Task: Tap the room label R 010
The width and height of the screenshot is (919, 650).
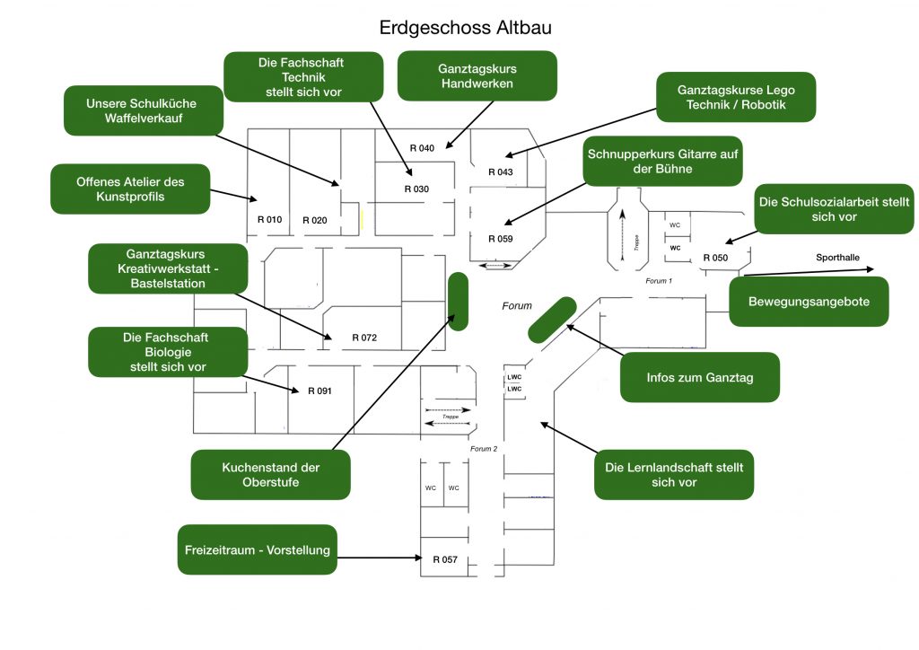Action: click(269, 220)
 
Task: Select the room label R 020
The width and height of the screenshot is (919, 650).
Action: click(315, 220)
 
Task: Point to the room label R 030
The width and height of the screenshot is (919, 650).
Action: click(416, 189)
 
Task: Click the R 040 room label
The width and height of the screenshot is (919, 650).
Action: click(422, 147)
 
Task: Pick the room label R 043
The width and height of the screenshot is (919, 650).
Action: click(500, 171)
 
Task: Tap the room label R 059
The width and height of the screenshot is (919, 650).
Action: click(499, 239)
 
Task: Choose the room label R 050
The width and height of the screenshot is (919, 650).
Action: click(715, 258)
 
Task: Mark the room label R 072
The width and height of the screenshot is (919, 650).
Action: click(364, 338)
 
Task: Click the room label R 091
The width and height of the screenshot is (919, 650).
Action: click(319, 391)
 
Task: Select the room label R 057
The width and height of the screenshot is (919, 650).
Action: click(445, 559)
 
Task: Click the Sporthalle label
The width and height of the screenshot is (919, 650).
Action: click(837, 258)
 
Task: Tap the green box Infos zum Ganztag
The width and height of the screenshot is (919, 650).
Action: click(699, 377)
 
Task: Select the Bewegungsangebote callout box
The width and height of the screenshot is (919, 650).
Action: click(809, 302)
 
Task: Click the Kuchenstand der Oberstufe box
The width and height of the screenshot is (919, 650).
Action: click(270, 475)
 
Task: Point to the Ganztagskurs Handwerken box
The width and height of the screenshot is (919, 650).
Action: click(477, 76)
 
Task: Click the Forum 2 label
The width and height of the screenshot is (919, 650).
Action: click(483, 449)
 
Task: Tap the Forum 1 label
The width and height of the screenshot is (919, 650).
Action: click(659, 281)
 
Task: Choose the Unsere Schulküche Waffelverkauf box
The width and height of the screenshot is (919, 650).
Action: click(142, 110)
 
